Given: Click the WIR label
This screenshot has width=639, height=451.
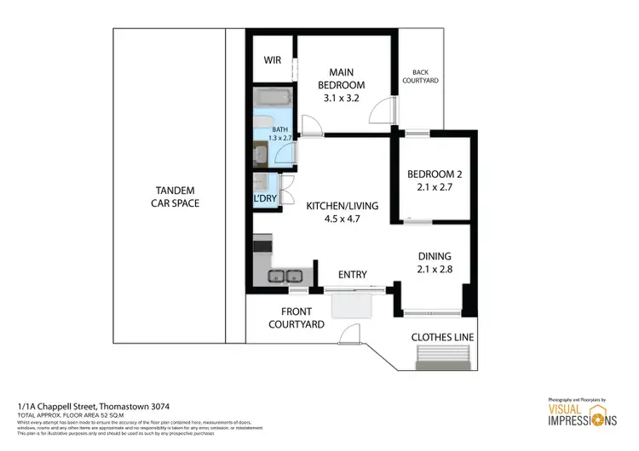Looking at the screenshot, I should point(273,60).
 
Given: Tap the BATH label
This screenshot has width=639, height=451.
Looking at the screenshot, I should point(280,129).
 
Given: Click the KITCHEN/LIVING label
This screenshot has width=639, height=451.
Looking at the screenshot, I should point(341,207).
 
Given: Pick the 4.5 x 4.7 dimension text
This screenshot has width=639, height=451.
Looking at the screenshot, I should point(341,221).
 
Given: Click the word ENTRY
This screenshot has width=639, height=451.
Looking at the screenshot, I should point(352,274).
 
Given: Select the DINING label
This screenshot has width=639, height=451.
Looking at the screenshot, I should point(434,256).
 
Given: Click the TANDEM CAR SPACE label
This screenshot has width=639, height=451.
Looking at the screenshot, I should point(175,197).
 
